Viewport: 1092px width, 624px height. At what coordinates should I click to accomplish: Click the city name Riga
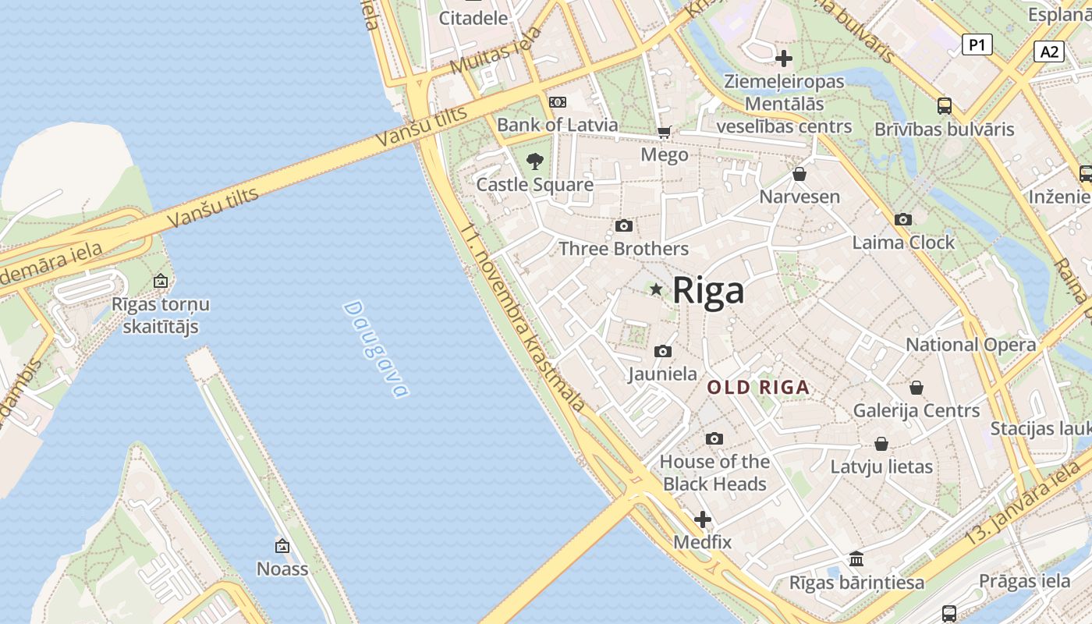coord(708,290)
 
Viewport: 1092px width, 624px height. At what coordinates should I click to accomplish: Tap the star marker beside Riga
coord(656,289)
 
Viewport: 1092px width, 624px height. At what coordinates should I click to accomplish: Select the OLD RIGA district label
coord(758,387)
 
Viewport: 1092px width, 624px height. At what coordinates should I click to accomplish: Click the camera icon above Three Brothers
coord(624,225)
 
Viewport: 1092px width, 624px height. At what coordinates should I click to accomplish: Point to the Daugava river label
coord(375,349)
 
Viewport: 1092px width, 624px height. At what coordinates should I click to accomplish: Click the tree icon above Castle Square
coord(535,161)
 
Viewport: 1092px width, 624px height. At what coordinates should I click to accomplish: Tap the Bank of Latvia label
coord(557,125)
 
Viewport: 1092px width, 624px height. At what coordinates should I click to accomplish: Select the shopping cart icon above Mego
coord(664,132)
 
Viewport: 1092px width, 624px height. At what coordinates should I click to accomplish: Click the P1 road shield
coord(977,44)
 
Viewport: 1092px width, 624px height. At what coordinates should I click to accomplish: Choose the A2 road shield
coord(1049,51)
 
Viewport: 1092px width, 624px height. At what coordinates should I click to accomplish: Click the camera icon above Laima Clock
coord(903,219)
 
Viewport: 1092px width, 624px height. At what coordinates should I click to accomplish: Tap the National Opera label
coord(970,345)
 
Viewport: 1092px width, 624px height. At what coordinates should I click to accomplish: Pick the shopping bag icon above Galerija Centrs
coord(916,387)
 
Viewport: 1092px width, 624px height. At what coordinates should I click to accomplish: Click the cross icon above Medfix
coord(703,519)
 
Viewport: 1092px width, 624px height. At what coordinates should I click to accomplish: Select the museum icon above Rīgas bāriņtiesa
coord(856,558)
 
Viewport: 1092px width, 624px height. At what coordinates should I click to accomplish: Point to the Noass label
coord(282,569)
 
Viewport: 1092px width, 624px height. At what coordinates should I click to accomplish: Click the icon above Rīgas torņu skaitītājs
coord(161,281)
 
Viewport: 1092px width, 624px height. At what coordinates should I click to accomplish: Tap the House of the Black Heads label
coord(714,473)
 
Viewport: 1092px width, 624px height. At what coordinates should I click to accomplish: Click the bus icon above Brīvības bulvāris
coord(945,105)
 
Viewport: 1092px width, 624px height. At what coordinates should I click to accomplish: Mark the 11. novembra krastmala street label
coord(523,320)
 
